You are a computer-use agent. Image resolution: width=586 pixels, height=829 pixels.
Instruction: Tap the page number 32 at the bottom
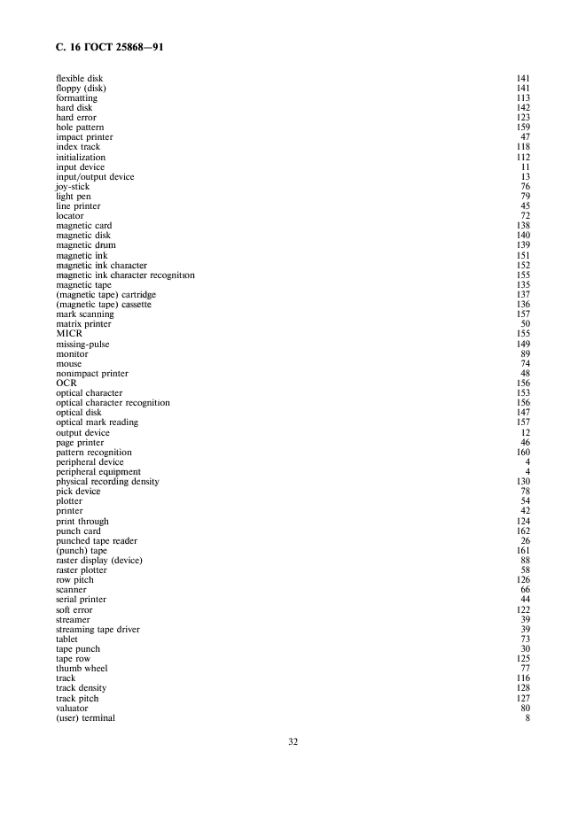point(293,742)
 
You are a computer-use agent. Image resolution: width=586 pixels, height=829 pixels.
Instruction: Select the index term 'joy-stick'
point(73,187)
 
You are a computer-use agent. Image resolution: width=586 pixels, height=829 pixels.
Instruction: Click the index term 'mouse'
point(68,364)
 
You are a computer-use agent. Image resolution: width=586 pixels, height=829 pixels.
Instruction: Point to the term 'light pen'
point(73,197)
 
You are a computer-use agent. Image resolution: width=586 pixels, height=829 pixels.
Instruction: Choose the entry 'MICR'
point(69,334)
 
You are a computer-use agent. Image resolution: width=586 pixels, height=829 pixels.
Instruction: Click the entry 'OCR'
point(66,384)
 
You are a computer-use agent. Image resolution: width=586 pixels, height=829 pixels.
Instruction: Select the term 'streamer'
point(73,620)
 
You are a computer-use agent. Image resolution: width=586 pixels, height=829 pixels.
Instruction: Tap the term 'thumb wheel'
point(82,669)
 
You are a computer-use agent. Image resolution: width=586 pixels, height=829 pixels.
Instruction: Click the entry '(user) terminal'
point(85,718)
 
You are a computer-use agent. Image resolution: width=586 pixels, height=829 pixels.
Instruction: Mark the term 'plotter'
point(69,501)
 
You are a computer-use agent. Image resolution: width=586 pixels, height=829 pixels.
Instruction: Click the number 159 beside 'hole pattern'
point(523,128)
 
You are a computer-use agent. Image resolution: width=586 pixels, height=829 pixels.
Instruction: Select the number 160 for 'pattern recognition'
point(523,453)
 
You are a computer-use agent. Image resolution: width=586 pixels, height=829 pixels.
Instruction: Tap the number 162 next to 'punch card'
point(523,531)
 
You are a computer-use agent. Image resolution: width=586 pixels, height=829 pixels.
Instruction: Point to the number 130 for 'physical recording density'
point(523,482)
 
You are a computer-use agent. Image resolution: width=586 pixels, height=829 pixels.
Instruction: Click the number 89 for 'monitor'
point(526,354)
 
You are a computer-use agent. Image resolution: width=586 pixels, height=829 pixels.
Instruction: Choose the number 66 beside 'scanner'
point(526,590)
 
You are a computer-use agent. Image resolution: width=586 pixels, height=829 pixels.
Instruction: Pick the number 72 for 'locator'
point(526,216)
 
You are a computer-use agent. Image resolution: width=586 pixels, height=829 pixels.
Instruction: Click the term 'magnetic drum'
point(85,245)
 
